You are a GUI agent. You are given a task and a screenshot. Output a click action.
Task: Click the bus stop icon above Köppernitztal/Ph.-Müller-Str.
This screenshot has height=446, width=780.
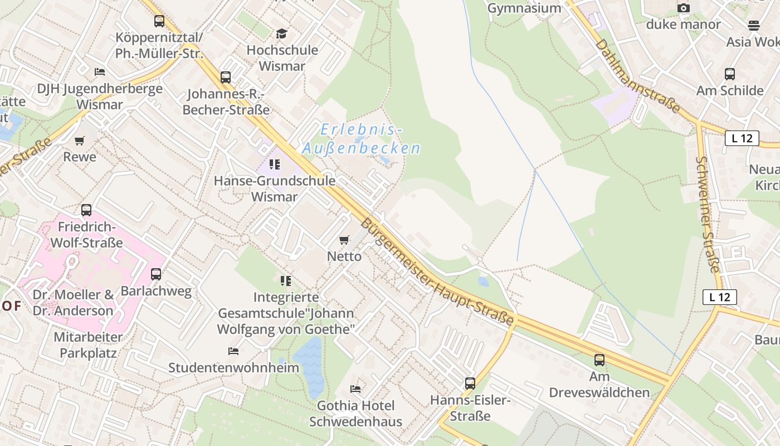tap(159, 21)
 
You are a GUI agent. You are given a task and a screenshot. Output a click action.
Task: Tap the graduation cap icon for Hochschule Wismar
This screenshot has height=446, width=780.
tap(282, 34)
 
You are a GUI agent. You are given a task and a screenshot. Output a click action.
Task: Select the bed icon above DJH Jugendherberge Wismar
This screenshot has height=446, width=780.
tap(100, 72)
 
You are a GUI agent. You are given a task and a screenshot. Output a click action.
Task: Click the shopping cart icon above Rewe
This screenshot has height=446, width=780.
tap(80, 140)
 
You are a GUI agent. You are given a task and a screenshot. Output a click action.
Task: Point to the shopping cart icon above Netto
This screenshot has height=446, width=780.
tap(344, 240)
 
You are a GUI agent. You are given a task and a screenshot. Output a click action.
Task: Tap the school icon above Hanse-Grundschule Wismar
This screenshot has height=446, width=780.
tap(274, 164)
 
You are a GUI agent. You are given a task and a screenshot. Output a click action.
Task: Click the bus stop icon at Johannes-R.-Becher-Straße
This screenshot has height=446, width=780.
tap(226, 77)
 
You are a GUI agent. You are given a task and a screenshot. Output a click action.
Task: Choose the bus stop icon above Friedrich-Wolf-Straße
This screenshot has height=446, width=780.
tap(86, 210)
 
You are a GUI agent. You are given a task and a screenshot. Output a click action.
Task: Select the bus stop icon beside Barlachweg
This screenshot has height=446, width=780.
tap(156, 274)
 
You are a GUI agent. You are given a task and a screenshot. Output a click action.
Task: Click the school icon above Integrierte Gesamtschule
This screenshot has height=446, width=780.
tap(286, 280)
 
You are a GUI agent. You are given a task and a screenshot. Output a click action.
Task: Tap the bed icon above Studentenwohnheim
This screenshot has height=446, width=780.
tap(233, 351)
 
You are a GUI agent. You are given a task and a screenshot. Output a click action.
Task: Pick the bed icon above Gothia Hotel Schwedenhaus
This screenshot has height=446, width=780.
tap(355, 389)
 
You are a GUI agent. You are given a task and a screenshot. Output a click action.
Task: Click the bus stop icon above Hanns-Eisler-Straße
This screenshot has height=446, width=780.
tap(470, 384)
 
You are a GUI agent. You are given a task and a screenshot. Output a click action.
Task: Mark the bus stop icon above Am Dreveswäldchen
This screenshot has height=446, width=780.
tap(599, 360)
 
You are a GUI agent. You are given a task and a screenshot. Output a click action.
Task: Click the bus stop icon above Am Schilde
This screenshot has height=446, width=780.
tap(730, 74)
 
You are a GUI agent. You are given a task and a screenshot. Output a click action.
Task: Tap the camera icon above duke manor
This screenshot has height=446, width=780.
tap(684, 8)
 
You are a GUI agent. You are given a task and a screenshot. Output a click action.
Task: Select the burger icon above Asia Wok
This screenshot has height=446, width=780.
tap(754, 25)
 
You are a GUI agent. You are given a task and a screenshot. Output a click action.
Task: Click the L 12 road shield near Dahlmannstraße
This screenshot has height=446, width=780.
tap(742, 138)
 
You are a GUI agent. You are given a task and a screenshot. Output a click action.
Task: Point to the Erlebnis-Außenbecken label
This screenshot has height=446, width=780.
tap(361, 139)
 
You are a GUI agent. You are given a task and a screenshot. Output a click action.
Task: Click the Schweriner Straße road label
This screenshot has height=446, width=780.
tap(708, 215)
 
